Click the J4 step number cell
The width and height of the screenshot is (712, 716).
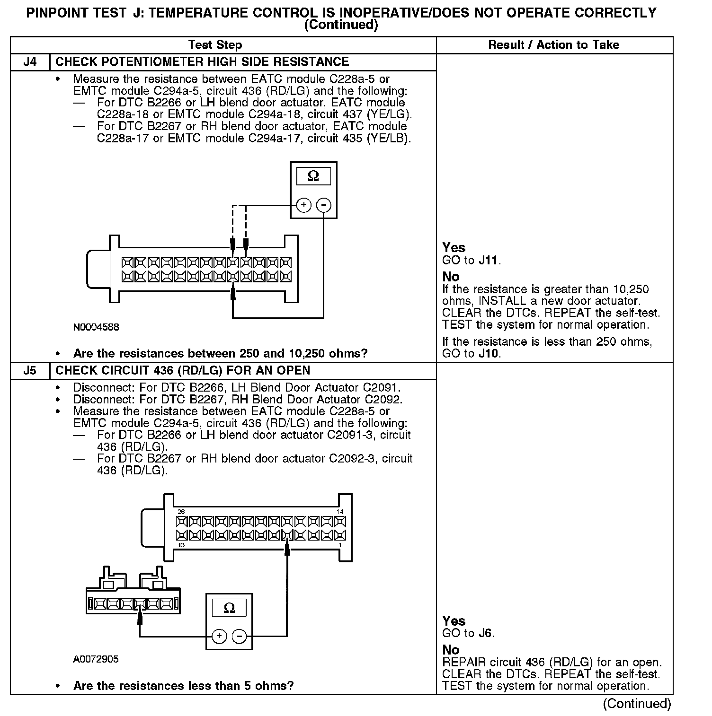click(x=29, y=62)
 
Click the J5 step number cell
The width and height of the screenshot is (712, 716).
click(x=29, y=371)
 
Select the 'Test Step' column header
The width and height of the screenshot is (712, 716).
click(x=215, y=45)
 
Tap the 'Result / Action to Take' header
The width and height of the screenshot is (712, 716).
click(x=553, y=45)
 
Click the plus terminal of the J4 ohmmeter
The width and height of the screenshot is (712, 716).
click(x=303, y=205)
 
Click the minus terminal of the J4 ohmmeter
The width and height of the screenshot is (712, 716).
click(x=323, y=205)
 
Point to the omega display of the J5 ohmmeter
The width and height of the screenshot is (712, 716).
click(x=229, y=608)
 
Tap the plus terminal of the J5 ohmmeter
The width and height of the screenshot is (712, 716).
click(x=219, y=637)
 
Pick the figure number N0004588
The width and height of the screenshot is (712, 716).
click(x=96, y=327)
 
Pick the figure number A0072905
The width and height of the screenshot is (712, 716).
click(x=96, y=659)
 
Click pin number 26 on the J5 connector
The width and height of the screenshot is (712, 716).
click(x=181, y=512)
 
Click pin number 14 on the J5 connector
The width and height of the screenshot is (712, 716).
click(x=340, y=512)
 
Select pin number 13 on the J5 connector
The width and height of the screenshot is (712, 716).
click(x=181, y=545)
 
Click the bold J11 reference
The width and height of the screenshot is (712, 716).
click(x=489, y=260)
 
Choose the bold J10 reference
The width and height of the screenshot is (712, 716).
click(x=489, y=353)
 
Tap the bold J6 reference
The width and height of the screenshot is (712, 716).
click(x=486, y=633)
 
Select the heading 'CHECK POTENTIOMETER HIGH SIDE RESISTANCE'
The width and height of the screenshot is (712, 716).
click(x=202, y=62)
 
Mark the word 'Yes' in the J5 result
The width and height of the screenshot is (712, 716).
click(x=454, y=620)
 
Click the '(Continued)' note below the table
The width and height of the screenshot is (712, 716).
click(x=637, y=704)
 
